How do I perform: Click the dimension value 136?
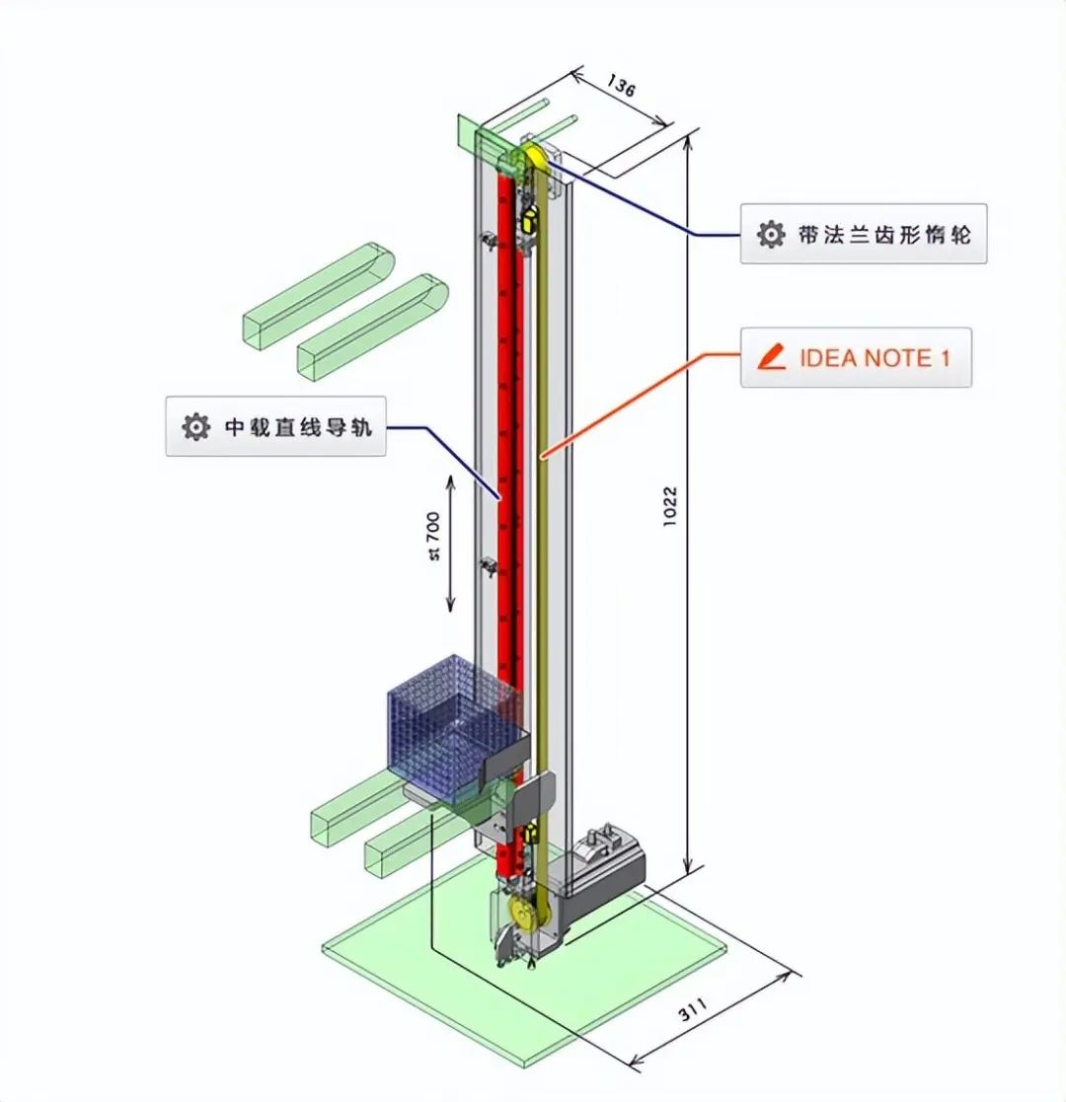coord(621,86)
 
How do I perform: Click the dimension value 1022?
coord(670,507)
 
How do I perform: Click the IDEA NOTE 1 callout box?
coord(856,357)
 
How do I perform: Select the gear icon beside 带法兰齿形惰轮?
coord(770,234)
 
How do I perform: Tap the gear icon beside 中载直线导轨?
coord(195,427)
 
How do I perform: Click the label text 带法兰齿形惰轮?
coord(883,234)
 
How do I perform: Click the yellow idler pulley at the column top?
coord(534,155)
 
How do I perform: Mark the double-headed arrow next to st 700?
coord(451,543)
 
